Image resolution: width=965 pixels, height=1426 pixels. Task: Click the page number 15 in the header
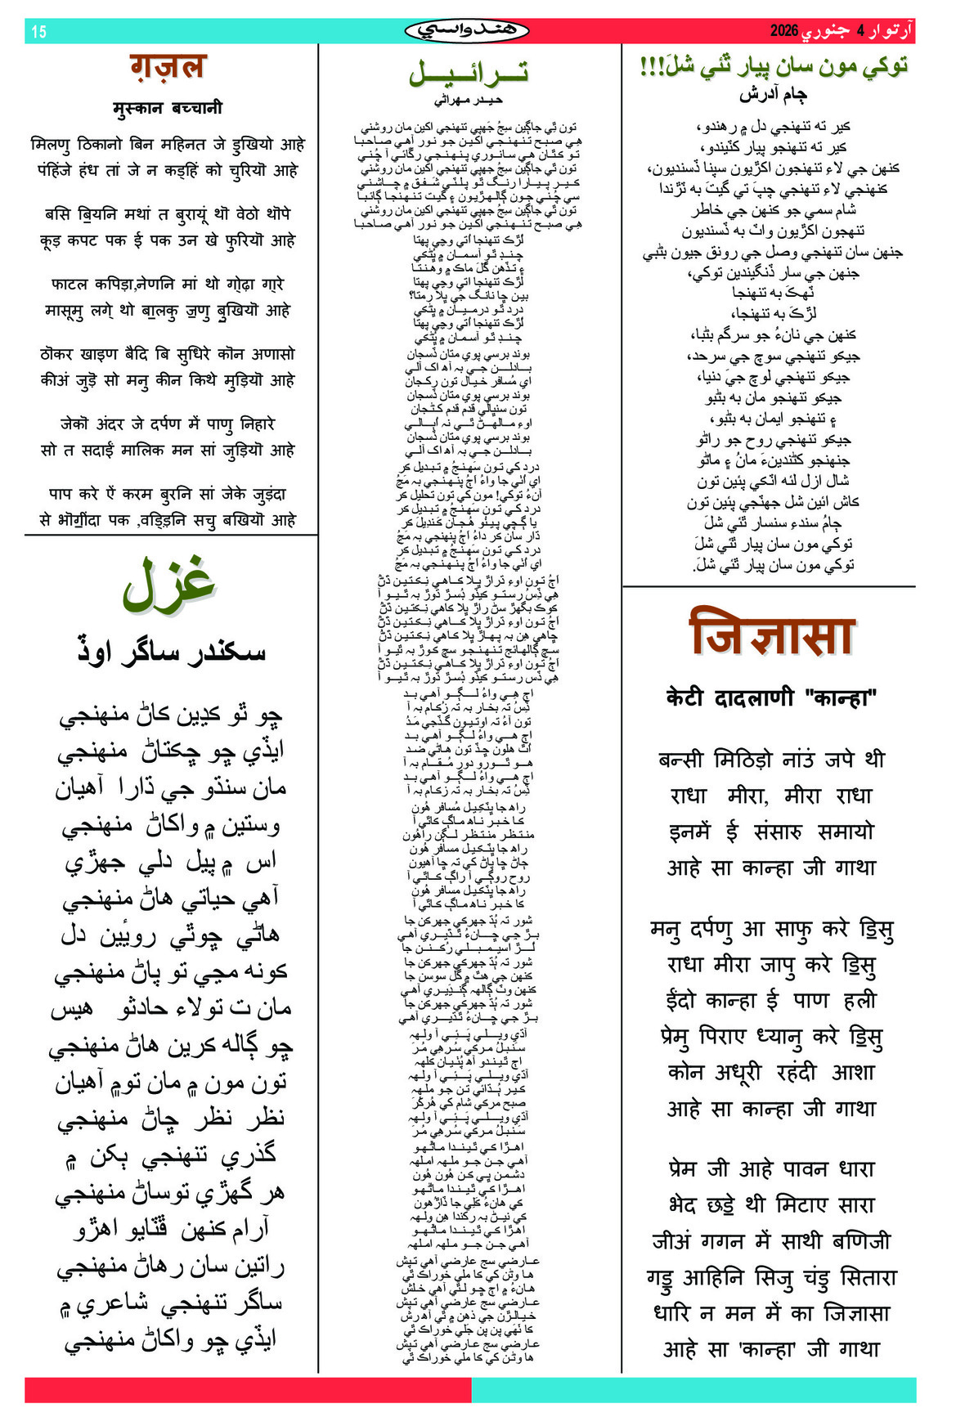(38, 32)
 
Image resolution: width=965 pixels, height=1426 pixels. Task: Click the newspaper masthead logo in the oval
(467, 31)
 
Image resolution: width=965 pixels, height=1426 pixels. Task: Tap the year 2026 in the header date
(783, 31)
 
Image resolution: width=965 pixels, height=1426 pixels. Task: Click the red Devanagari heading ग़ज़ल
(168, 66)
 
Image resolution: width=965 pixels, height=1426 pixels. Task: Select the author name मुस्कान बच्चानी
(168, 108)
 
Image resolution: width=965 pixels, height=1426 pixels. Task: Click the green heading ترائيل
(469, 73)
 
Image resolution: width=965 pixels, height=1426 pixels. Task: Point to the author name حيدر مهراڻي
(468, 100)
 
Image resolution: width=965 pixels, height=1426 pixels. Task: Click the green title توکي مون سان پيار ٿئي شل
(773, 66)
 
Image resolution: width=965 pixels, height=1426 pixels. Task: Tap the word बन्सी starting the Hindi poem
(680, 760)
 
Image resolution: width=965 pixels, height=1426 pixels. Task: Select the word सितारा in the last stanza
(868, 1277)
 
